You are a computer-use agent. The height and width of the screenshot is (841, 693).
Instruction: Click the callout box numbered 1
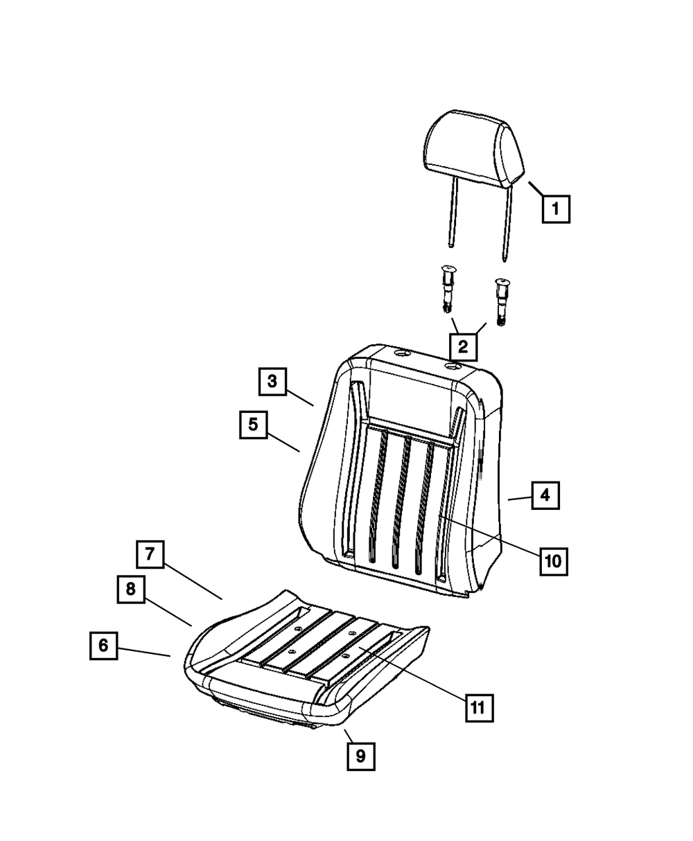[x=556, y=209]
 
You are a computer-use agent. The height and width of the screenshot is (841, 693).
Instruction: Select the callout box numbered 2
[x=463, y=346]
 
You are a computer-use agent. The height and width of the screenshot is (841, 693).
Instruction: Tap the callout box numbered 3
[x=272, y=381]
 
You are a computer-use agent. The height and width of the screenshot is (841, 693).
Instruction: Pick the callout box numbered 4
[x=545, y=495]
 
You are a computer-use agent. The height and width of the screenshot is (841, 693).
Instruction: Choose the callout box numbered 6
[x=103, y=646]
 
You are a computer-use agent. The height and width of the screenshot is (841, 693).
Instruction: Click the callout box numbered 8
[x=130, y=590]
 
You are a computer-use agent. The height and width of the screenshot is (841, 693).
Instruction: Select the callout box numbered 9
[x=360, y=756]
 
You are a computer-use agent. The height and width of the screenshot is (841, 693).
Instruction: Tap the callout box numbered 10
[x=552, y=560]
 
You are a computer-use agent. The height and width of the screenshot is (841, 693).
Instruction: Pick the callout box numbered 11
[x=479, y=707]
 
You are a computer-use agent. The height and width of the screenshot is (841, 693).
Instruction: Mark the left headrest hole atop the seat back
[x=400, y=354]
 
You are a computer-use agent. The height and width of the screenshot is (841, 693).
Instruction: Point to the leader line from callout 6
[x=143, y=650]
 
